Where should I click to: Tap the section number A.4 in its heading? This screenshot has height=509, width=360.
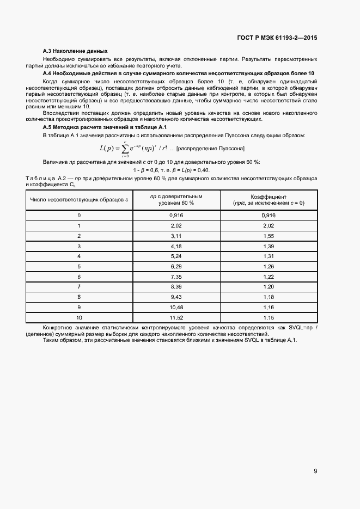coord(47,73)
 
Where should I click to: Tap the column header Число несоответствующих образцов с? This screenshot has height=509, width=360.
coord(80,200)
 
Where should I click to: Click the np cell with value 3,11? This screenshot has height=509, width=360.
coord(175,236)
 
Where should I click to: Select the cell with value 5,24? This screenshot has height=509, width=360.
coord(175,256)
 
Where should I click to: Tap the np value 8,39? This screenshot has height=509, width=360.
coord(175,286)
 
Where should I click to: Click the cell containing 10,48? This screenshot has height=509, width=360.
coord(175,306)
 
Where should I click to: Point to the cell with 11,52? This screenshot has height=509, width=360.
coord(175,317)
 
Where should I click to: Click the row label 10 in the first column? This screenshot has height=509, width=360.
coord(80,317)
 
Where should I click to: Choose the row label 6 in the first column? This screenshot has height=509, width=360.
coord(80,277)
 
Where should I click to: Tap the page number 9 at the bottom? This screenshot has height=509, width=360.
coord(315,471)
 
